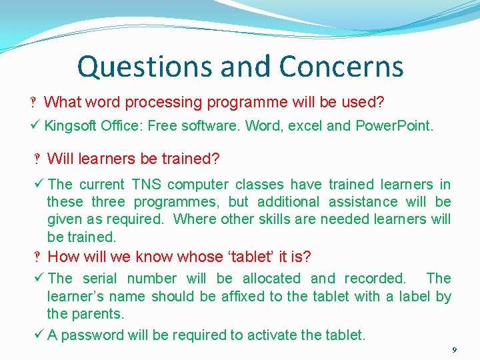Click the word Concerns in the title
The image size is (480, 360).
pos(341,67)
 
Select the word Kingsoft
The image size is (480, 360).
pos(71,125)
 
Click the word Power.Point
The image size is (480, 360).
pos(394,125)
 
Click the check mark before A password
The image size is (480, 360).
pos(39,334)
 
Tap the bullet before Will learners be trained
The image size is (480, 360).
pos(38,159)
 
